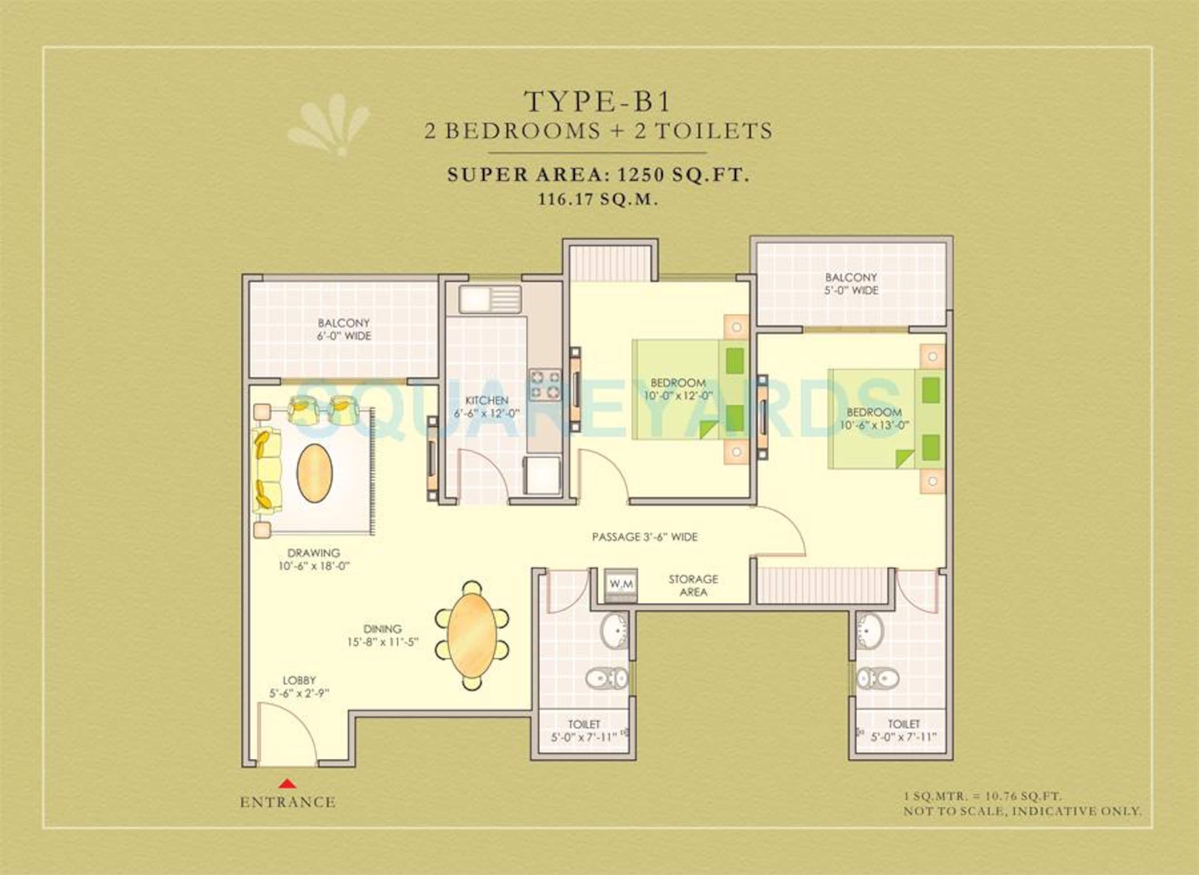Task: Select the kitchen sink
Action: pos(490,299)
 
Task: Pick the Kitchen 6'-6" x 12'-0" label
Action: pos(487,407)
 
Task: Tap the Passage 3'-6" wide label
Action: pos(645,537)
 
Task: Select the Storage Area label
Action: pos(693,585)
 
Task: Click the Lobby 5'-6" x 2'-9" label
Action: pos(299,687)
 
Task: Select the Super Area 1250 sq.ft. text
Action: pos(599,175)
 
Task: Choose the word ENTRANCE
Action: pos(288,802)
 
